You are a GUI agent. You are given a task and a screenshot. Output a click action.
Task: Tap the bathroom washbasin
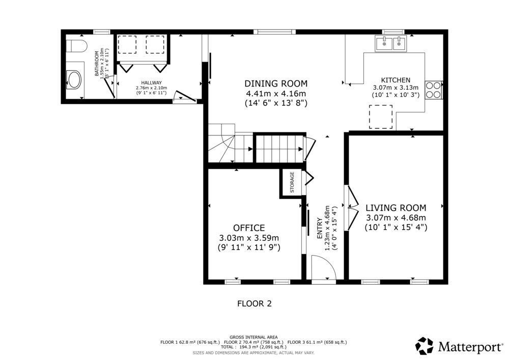click(x=74, y=80)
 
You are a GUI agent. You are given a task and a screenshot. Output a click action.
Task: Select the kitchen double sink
click(x=390, y=43)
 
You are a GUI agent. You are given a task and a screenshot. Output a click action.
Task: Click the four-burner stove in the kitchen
click(x=434, y=90)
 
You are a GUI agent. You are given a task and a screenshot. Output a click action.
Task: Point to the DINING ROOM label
click(x=276, y=84)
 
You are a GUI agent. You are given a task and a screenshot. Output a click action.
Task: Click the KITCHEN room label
click(x=395, y=80)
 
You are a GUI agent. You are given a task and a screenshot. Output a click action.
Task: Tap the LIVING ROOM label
click(x=395, y=208)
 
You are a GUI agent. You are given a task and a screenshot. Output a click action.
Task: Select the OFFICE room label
click(x=249, y=228)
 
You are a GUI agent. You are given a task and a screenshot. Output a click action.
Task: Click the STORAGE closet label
click(x=292, y=182)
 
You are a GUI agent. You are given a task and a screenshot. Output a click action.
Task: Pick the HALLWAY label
click(x=151, y=83)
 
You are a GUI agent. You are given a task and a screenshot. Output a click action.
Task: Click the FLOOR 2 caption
click(x=254, y=304)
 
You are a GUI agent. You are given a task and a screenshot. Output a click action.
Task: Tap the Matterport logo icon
click(x=425, y=346)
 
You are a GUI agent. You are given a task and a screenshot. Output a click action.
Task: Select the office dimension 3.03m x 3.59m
click(x=249, y=238)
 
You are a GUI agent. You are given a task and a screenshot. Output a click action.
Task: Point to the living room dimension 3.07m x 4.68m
click(x=395, y=217)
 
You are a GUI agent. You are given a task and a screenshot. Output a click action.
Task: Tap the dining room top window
click(x=275, y=32)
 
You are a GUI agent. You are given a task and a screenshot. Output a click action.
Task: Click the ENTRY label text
click(x=320, y=229)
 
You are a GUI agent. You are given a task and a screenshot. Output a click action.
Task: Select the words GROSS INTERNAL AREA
click(x=253, y=337)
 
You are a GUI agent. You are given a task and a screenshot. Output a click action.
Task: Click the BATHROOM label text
click(x=96, y=64)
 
